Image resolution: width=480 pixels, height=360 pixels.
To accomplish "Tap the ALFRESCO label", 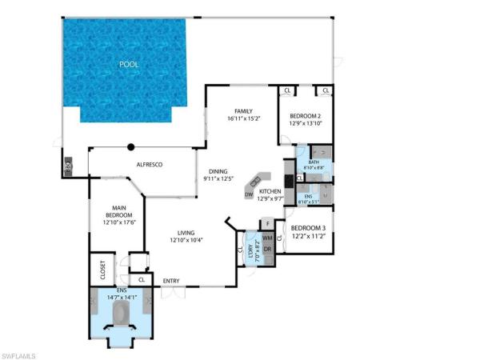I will (x=149, y=164).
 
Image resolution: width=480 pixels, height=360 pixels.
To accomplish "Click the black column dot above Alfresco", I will (x=131, y=146).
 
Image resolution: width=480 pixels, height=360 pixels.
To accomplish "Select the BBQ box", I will (x=69, y=168).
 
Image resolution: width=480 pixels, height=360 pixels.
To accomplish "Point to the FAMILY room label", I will (x=243, y=110).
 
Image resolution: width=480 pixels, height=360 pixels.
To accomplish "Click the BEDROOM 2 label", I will (x=305, y=114).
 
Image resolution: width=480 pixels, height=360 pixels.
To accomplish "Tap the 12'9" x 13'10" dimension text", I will (x=305, y=123).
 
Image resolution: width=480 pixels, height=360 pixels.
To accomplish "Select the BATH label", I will (x=313, y=162).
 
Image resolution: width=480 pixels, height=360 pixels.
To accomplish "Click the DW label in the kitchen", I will (x=249, y=195).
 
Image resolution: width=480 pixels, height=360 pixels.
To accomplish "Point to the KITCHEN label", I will (x=270, y=192).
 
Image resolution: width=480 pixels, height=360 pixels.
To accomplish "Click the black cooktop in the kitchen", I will (x=287, y=181).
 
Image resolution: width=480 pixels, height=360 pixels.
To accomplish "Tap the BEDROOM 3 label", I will (x=307, y=228).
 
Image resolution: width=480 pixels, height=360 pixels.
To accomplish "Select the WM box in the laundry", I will (x=268, y=238).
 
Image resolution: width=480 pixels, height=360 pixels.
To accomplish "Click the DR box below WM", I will (x=268, y=249).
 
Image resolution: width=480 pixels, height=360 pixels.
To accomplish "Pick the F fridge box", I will (x=267, y=223).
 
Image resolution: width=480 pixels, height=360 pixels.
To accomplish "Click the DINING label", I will (x=218, y=171).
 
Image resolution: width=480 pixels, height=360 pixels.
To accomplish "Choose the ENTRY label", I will (x=170, y=281).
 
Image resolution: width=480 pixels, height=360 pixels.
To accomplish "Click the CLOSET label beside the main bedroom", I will (x=102, y=270).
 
